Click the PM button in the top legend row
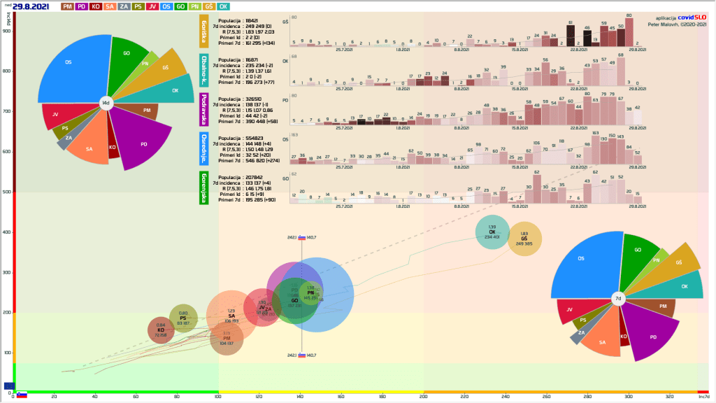click(x=68, y=6)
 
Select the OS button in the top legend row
click(x=166, y=6)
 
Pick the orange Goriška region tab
click(x=204, y=31)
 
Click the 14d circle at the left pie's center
click(x=106, y=103)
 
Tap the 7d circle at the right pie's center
click(x=617, y=298)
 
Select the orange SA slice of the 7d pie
click(x=602, y=341)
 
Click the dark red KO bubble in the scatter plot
click(x=161, y=330)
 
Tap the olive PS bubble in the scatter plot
click(x=183, y=318)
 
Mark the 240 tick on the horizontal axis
click(x=506, y=397)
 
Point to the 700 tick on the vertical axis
click(x=8, y=111)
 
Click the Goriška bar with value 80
click(x=629, y=32)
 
